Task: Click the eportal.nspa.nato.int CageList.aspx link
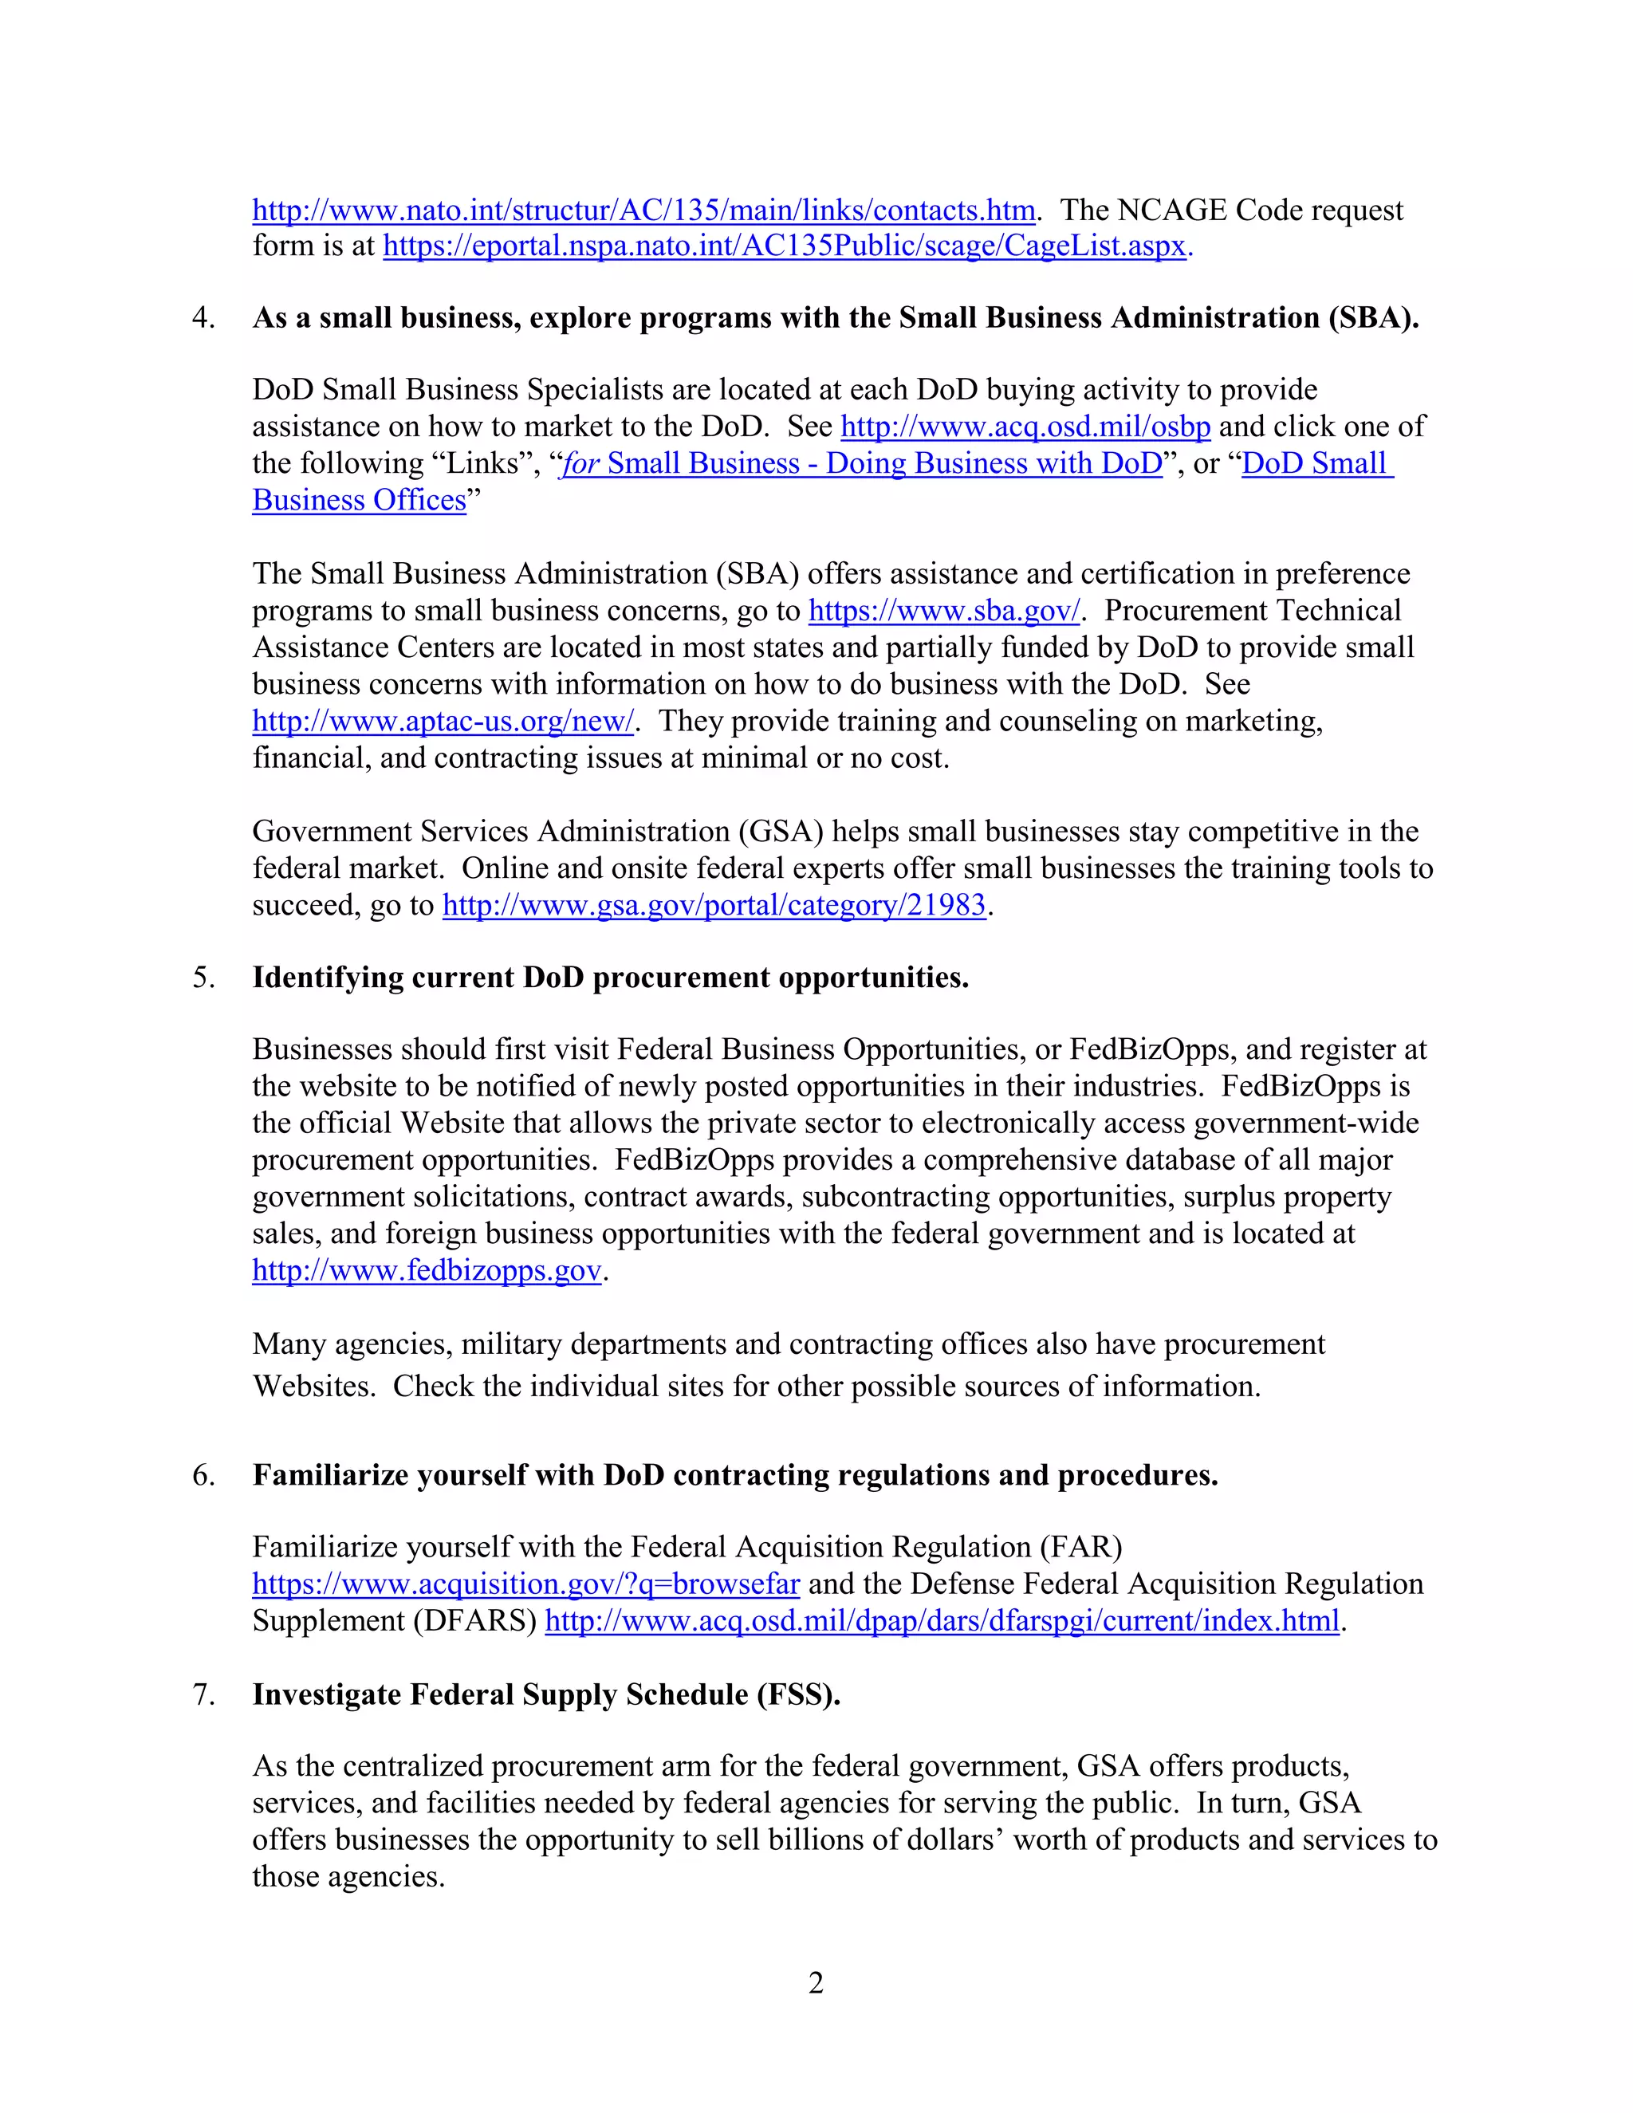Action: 785,246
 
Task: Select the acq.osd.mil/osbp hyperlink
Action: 1025,427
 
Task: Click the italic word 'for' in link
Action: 580,463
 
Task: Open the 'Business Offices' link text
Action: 359,500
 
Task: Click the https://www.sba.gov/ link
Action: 943,611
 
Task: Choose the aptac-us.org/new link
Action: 442,721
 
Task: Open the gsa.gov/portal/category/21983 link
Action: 714,905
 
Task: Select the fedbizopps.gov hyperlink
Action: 427,1269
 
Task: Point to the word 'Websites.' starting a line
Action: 313,1387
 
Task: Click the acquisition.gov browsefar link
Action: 525,1584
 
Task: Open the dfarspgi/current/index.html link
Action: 942,1620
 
